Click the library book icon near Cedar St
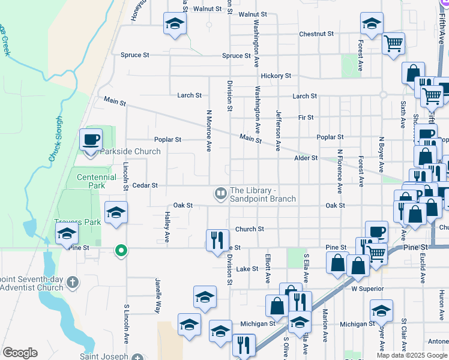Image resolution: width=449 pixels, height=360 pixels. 220,194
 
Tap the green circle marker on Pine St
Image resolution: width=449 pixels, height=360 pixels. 121,250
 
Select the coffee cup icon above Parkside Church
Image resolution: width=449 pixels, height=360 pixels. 91,140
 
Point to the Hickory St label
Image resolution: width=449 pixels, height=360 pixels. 276,76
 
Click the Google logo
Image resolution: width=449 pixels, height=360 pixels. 20,353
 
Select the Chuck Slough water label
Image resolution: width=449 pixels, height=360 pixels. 55,139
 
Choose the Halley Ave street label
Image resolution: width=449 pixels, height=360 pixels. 167,230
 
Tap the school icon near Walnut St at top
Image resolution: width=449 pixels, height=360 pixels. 175,23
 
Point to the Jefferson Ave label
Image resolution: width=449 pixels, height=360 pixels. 278,129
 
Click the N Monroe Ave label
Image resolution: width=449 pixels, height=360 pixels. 209,130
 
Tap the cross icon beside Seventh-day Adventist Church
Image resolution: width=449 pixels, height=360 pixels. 72,282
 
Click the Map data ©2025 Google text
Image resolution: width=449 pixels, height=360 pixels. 412,355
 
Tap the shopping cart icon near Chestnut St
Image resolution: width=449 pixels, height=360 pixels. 394,43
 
